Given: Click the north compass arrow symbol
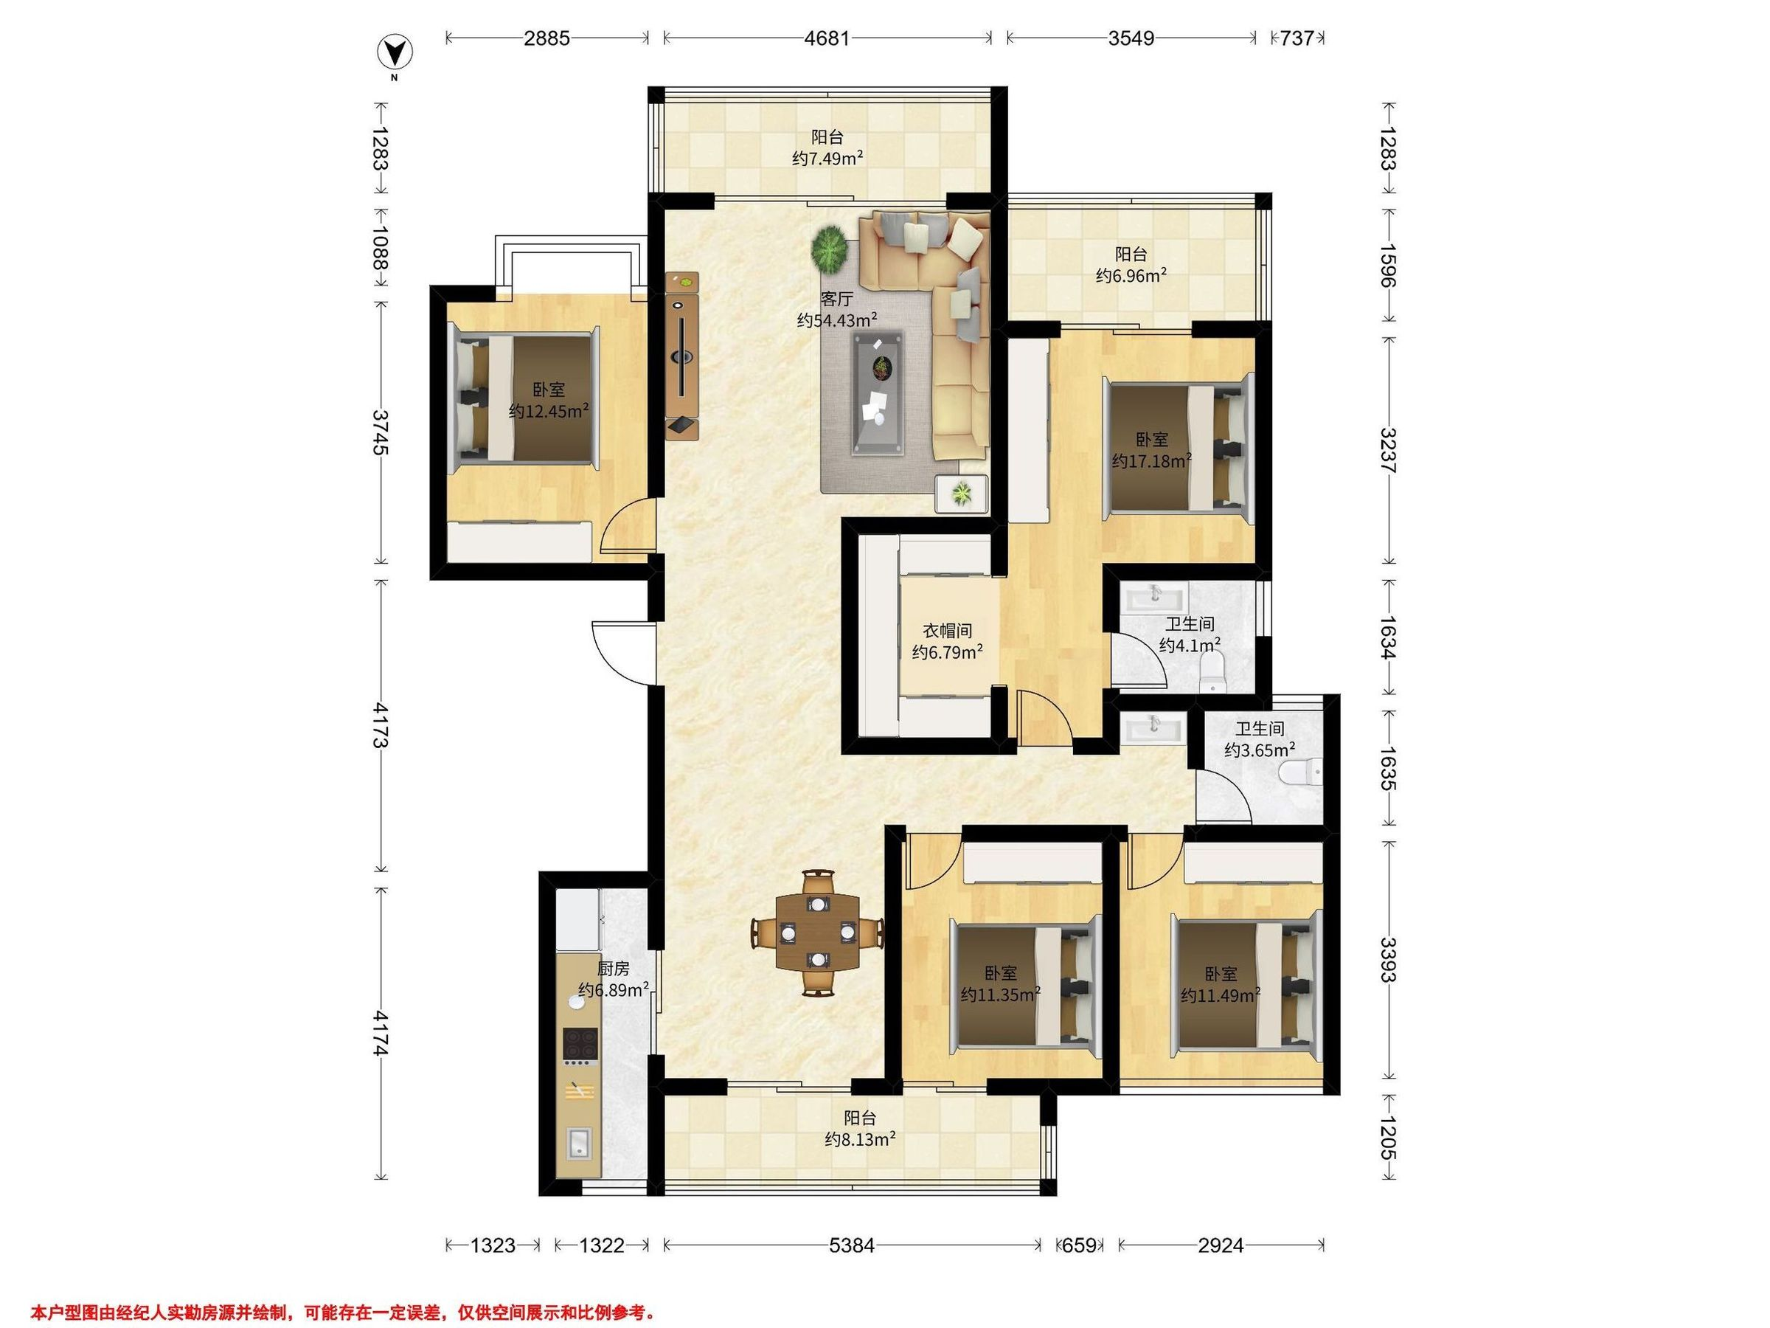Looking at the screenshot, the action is [395, 54].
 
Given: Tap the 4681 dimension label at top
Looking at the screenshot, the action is [827, 38].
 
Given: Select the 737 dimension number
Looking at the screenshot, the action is [1298, 38].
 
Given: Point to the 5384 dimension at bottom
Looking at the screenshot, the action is [851, 1245].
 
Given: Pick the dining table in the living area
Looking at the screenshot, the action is [818, 933].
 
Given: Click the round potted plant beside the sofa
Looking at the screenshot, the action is [829, 249].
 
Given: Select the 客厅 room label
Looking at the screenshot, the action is [837, 300].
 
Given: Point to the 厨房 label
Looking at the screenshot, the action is [613, 969].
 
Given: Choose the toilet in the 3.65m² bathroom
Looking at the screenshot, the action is [1301, 772].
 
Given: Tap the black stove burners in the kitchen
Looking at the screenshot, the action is [580, 1042].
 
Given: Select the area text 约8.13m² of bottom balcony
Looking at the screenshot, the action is [860, 1138].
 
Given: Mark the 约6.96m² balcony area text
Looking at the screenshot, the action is [1131, 276].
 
